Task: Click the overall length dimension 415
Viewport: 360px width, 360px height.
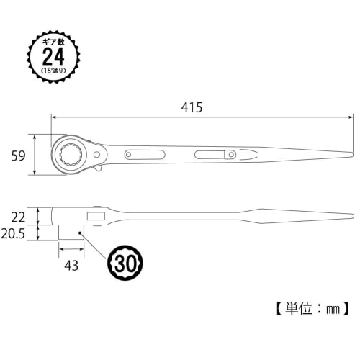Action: (x=191, y=107)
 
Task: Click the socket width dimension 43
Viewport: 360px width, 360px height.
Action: (x=71, y=266)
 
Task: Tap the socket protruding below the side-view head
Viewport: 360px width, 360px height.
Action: (x=71, y=233)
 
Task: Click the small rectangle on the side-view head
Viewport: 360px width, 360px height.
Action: (x=95, y=215)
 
